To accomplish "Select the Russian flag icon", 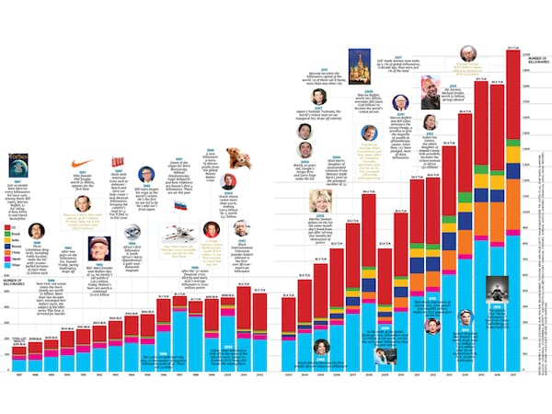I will (x=180, y=207).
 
